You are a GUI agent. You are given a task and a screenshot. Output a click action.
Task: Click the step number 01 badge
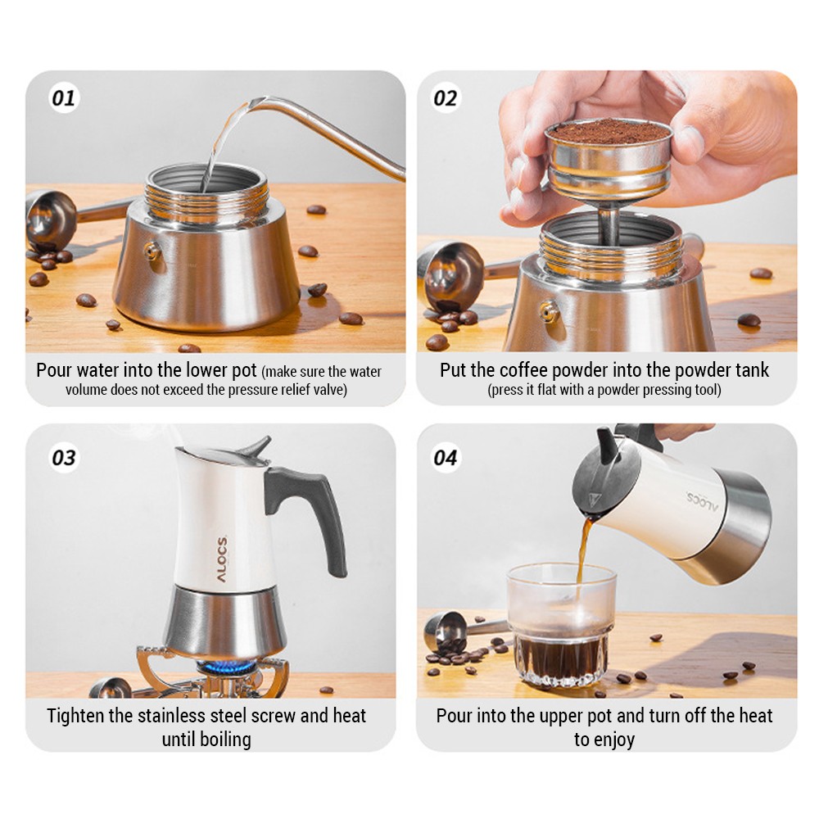pos(64,97)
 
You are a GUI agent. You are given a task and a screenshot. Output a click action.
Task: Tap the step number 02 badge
pos(446,97)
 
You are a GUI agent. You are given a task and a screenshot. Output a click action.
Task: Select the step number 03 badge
pos(64,458)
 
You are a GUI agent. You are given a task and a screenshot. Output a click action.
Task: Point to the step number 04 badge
pos(446,458)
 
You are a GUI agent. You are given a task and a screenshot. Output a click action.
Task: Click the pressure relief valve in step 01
pos(152,251)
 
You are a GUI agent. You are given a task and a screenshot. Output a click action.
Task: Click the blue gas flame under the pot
pos(226,667)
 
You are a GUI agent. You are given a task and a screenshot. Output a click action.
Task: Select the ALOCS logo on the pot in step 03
pos(222,559)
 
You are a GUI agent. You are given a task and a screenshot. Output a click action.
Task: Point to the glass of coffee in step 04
pos(561,624)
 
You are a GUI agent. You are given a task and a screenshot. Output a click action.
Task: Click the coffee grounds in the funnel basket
pos(609,130)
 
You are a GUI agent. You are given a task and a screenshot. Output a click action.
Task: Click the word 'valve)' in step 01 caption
pos(330,390)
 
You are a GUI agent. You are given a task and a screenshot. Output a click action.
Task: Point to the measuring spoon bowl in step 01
pos(50,219)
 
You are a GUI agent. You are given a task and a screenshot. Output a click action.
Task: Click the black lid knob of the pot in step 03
pos(256,447)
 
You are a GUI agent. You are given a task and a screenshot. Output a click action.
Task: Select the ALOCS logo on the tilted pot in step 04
pos(703,501)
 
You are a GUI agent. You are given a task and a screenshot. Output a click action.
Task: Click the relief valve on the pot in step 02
pos(549,312)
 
